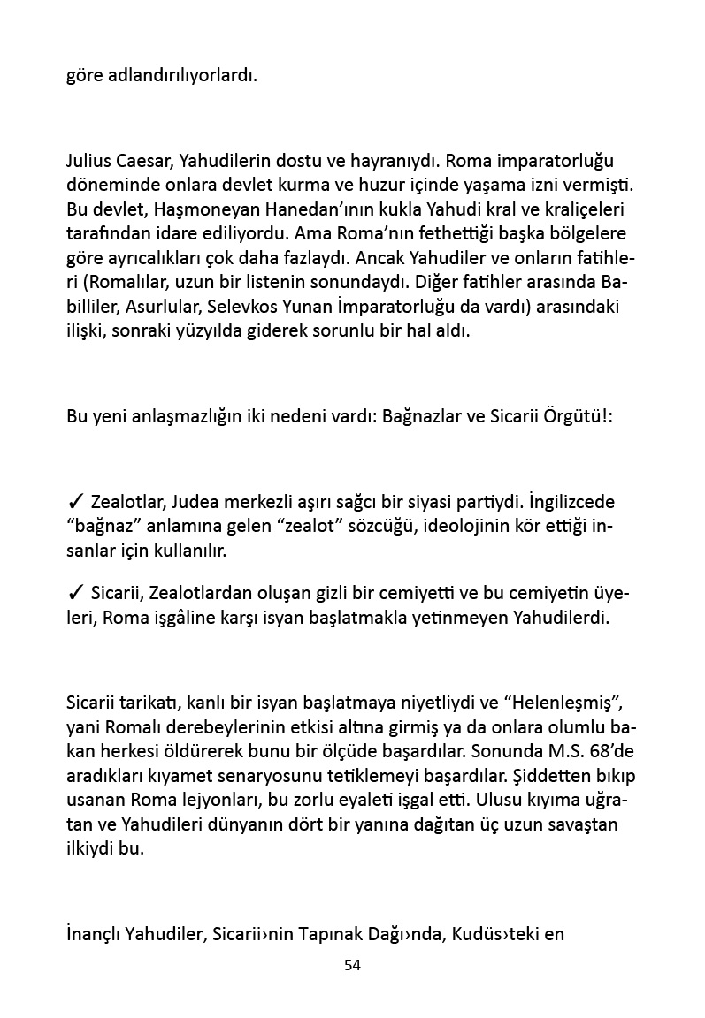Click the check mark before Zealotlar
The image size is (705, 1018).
[x=75, y=504]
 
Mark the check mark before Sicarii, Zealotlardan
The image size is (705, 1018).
[x=75, y=591]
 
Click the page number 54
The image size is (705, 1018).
[x=352, y=965]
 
